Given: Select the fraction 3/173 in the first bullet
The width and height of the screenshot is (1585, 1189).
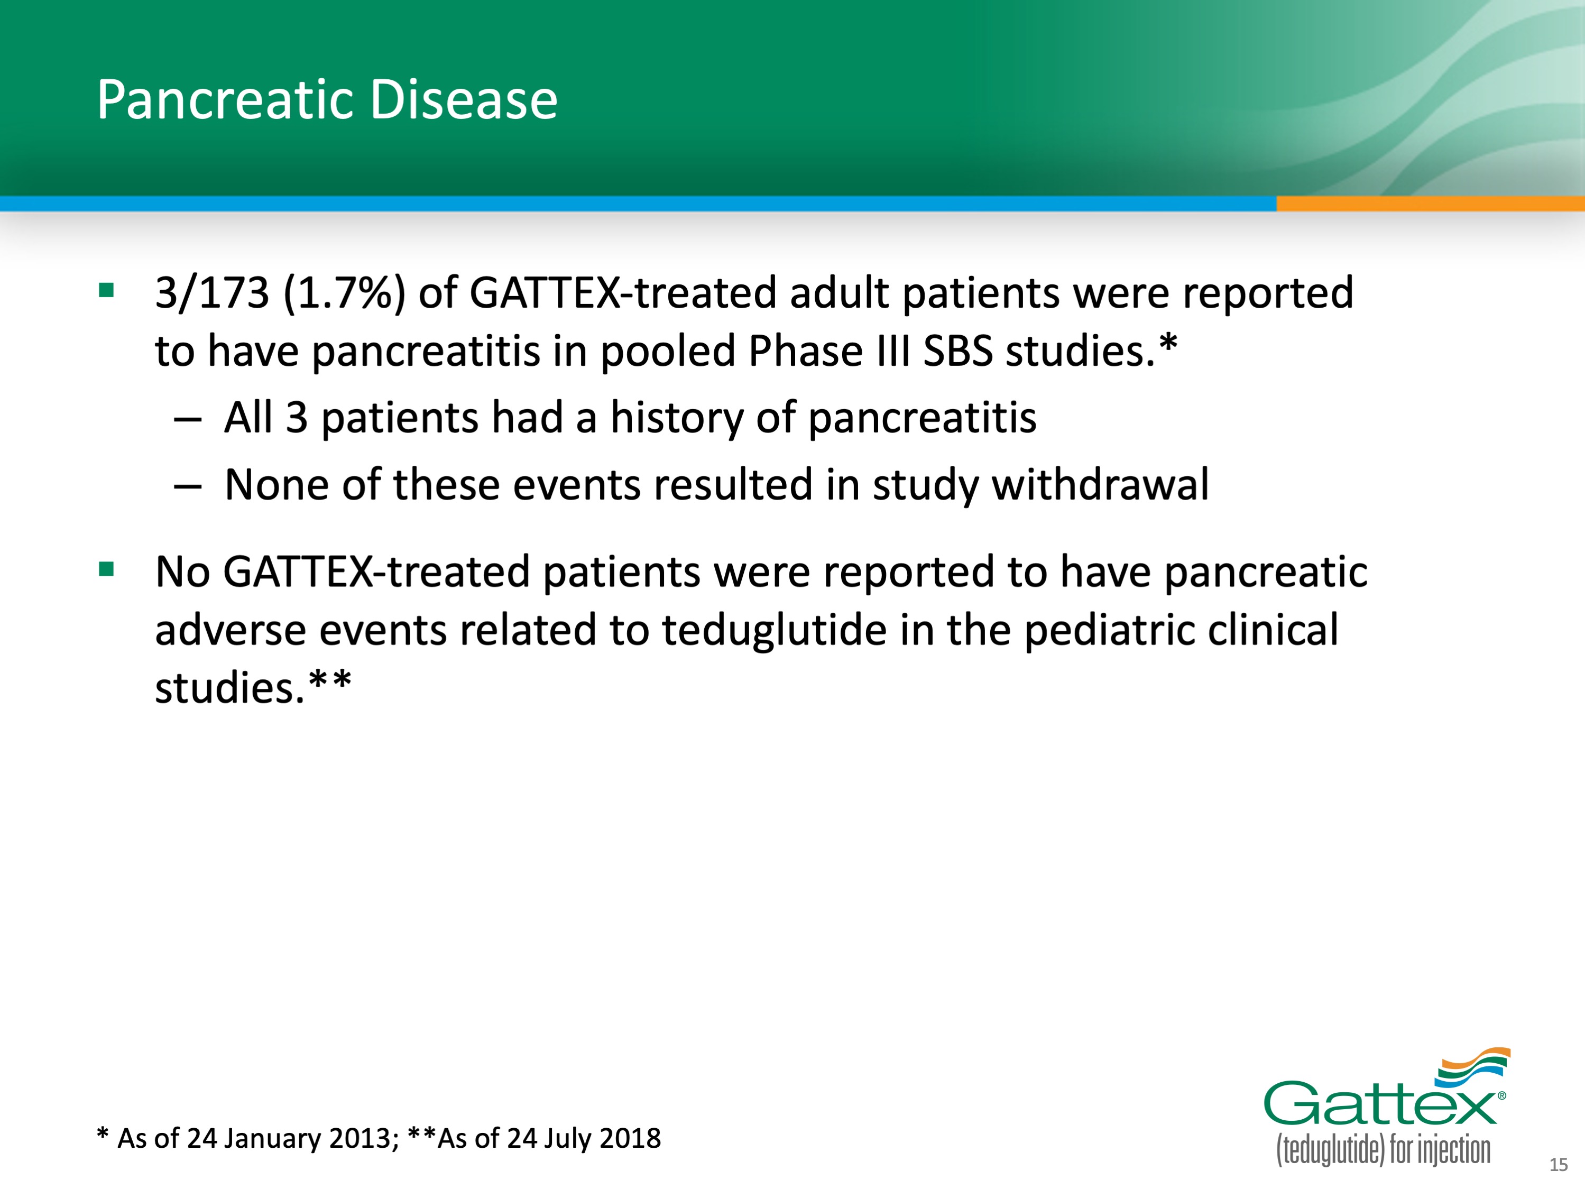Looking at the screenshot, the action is [x=212, y=293].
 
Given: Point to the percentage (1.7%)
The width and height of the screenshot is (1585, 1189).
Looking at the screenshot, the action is [x=345, y=293].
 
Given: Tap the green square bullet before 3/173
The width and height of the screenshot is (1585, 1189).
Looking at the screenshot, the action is [x=107, y=290].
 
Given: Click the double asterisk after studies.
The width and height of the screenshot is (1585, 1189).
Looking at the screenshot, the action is [x=330, y=679].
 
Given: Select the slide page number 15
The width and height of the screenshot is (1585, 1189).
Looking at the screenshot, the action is [x=1559, y=1165].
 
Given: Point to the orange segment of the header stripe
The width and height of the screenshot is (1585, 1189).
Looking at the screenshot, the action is [x=1430, y=204].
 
